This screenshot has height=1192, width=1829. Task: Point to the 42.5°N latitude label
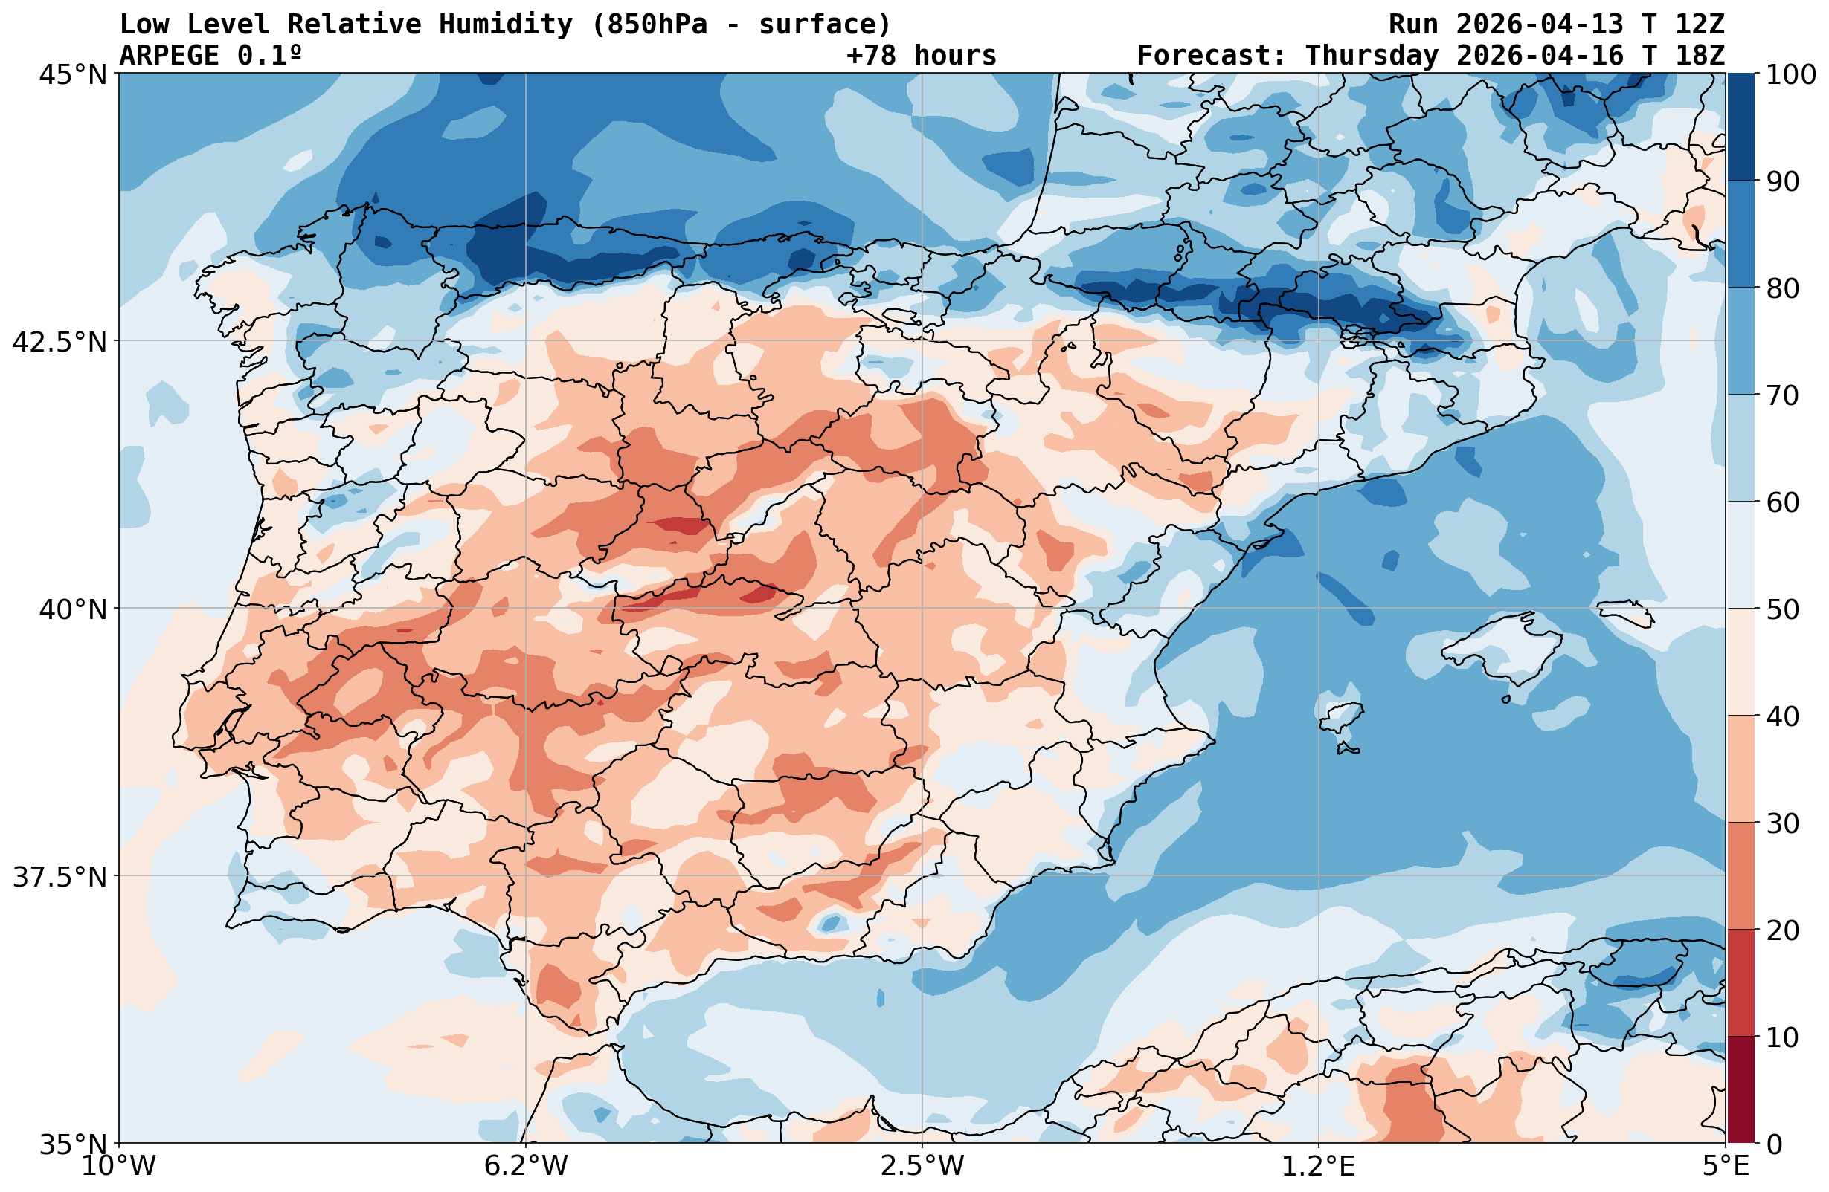60,342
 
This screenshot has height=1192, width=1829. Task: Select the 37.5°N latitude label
60,877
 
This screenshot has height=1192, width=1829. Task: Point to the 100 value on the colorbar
1790,74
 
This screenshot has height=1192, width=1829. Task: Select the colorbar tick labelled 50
1783,610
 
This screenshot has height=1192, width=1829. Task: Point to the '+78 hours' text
921,55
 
